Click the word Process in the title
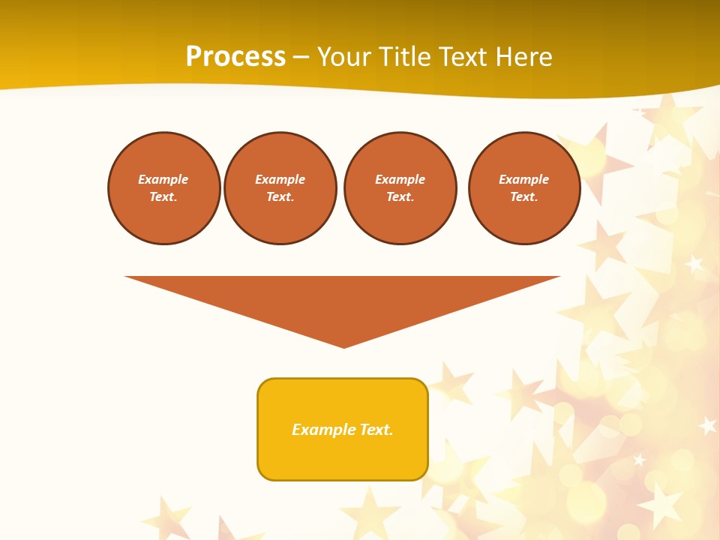[x=235, y=57]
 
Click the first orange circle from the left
[x=163, y=188]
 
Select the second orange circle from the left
[x=280, y=188]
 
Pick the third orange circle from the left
[x=400, y=188]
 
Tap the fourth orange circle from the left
[x=523, y=188]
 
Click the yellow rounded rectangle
[x=343, y=429]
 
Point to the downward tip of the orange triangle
[x=343, y=346]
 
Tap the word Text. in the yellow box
[x=376, y=430]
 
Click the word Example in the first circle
[x=163, y=180]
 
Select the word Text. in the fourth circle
[x=523, y=197]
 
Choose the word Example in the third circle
[x=400, y=180]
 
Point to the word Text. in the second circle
[x=280, y=197]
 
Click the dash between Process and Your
[x=301, y=57]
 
